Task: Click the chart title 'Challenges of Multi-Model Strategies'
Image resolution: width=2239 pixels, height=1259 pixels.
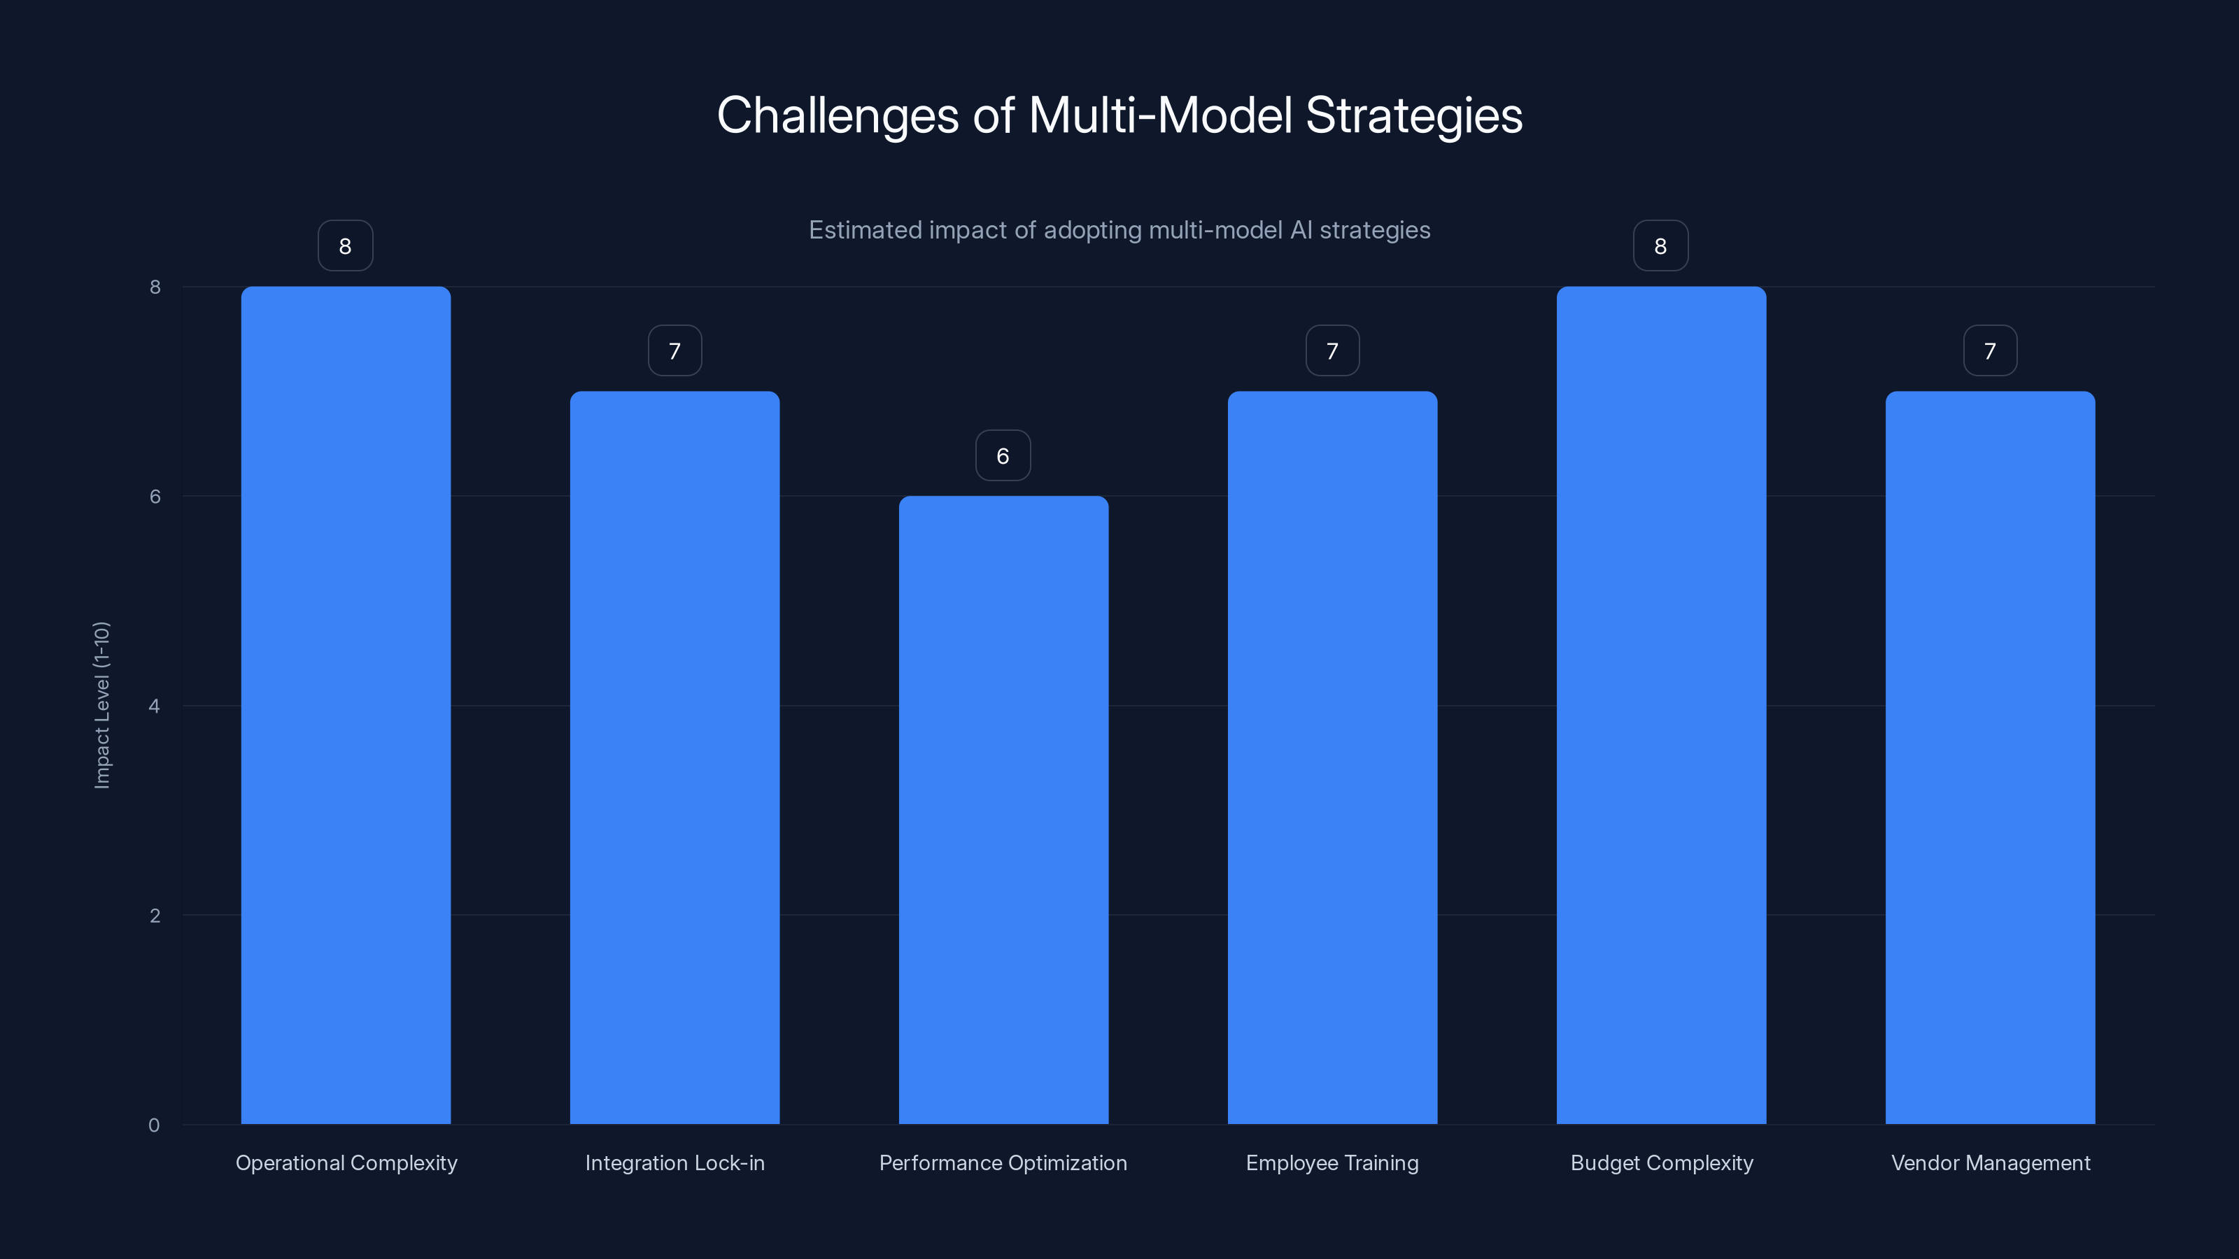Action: point(1119,115)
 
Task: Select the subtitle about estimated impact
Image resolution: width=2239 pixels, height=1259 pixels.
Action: point(1119,230)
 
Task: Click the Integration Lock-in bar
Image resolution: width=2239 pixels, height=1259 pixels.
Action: point(674,757)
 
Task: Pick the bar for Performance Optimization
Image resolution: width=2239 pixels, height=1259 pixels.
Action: point(1003,809)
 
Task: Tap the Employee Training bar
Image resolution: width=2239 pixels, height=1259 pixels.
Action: point(1332,757)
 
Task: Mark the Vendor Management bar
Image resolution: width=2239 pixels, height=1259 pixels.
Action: point(1991,757)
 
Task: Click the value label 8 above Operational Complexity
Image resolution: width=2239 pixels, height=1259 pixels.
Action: point(345,246)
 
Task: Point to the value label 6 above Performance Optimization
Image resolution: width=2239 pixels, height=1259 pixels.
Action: point(1003,455)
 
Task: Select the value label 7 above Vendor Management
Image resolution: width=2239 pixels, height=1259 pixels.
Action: point(1991,351)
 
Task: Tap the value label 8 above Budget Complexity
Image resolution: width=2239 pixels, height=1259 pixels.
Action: point(1660,246)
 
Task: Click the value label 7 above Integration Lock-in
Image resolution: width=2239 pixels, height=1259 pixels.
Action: point(674,351)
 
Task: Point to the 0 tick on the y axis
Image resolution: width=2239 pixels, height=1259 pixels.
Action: point(154,1125)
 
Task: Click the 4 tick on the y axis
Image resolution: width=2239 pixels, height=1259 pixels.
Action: point(154,706)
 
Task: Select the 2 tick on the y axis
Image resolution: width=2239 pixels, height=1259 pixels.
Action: point(155,915)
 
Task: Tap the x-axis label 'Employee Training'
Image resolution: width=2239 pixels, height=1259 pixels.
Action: point(1332,1162)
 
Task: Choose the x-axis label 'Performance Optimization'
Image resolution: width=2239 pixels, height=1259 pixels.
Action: point(1003,1162)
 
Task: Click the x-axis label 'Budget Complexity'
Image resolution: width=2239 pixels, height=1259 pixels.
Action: point(1662,1162)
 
